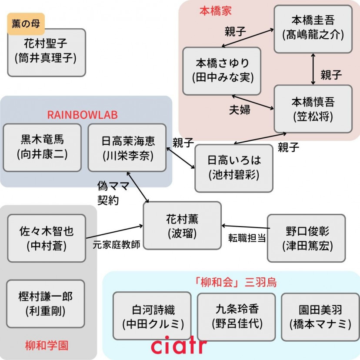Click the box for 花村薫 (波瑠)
click(x=182, y=226)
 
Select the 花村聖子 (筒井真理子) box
click(x=47, y=52)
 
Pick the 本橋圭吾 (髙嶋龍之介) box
click(x=313, y=27)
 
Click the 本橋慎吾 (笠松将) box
click(x=313, y=108)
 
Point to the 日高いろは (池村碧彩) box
click(x=234, y=168)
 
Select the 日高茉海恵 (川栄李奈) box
click(x=127, y=147)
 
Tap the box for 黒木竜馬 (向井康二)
click(x=42, y=147)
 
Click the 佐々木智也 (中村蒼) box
click(x=47, y=238)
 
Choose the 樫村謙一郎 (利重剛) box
click(x=46, y=303)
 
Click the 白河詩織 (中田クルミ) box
click(x=152, y=316)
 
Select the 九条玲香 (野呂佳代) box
click(x=236, y=316)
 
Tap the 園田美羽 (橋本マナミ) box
click(x=320, y=316)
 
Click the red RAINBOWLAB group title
click(x=82, y=115)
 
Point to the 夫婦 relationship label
click(x=240, y=110)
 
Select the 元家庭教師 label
click(x=117, y=244)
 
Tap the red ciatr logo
click(x=179, y=346)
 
